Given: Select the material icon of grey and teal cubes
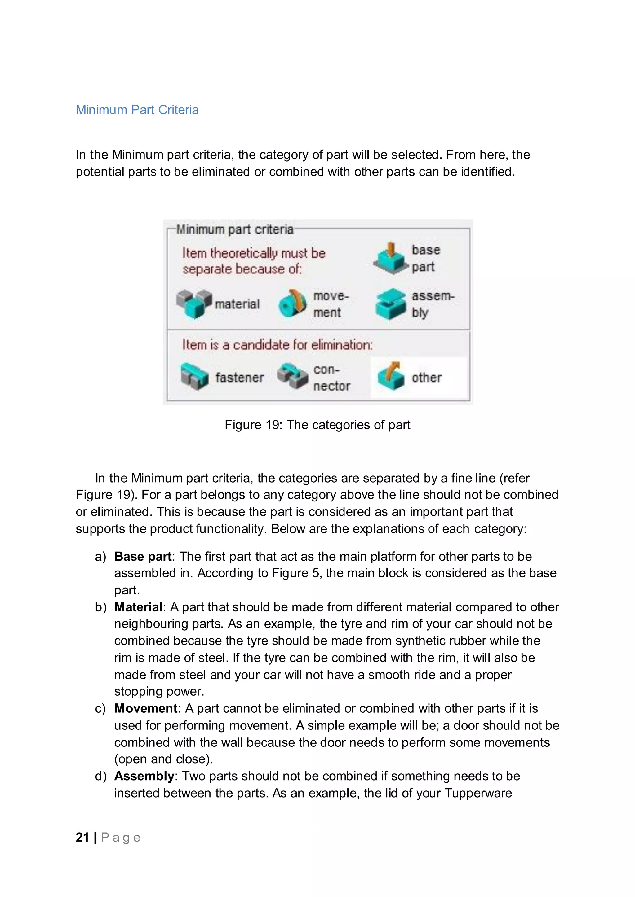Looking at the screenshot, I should click(x=194, y=304).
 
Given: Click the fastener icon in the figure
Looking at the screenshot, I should click(x=194, y=377).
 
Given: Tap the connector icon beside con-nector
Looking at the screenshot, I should click(x=292, y=377).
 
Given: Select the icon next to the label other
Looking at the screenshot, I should click(x=391, y=377).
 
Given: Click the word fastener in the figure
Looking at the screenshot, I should click(x=239, y=377).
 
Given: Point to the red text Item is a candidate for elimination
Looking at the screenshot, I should click(x=277, y=345).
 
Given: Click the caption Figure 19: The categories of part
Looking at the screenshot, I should click(x=317, y=425).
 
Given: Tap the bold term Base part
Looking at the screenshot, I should click(x=143, y=556).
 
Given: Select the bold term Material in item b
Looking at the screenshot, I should click(x=138, y=607).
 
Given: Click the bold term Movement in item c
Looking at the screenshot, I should click(x=146, y=708).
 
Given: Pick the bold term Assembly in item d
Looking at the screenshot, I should click(x=144, y=776).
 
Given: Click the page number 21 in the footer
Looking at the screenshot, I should click(x=82, y=837).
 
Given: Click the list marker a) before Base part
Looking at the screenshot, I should click(x=100, y=556).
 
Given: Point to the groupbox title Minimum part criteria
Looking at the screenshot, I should click(x=235, y=229).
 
